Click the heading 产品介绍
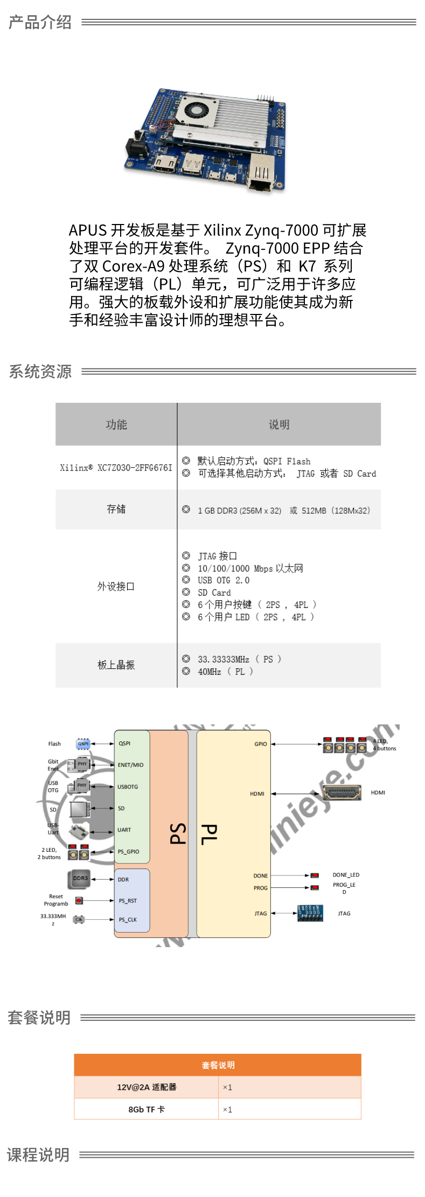40,22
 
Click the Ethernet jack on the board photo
262,173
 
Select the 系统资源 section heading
40,372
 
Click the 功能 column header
116,424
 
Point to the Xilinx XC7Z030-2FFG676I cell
116,467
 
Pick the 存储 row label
116,509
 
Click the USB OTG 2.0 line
223,580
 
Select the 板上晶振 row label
116,665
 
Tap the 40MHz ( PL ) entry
225,671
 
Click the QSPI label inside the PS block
124,744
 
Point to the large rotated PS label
178,834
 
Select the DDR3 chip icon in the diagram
80,879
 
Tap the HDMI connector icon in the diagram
342,793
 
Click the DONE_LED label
346,875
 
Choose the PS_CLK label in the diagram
128,920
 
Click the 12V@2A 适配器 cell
147,1087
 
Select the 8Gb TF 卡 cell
147,1109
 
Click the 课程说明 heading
38,1154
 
